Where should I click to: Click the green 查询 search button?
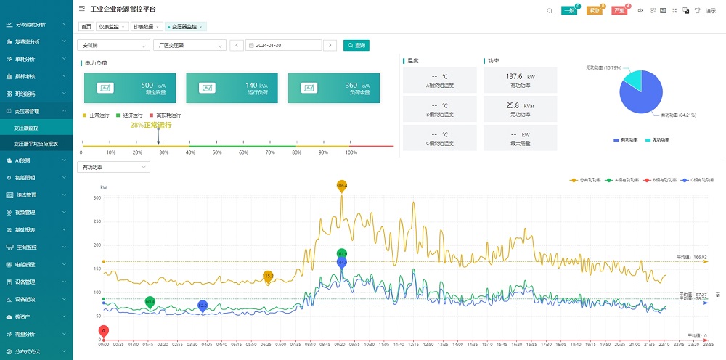click(x=356, y=45)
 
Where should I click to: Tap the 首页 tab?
click(x=86, y=27)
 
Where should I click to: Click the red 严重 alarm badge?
click(x=619, y=11)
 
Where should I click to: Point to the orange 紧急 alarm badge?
click(x=594, y=11)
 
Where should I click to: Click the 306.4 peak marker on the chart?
click(x=342, y=187)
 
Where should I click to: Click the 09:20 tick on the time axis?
click(x=340, y=344)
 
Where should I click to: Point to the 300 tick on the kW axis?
click(x=97, y=197)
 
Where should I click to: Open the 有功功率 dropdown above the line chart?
click(x=113, y=167)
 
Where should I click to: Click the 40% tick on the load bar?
click(x=192, y=152)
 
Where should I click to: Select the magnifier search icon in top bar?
click(x=550, y=10)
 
